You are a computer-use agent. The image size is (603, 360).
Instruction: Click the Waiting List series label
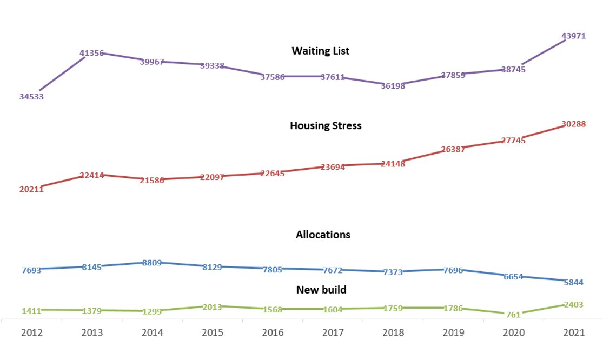click(x=321, y=51)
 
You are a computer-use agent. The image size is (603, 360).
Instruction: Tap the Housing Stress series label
click(x=326, y=125)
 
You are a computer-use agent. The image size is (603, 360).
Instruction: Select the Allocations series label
click(x=323, y=235)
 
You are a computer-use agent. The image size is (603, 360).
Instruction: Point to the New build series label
click(x=321, y=290)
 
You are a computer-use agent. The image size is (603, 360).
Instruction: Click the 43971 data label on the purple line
click(x=573, y=35)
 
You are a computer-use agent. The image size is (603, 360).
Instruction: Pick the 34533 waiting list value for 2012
click(x=31, y=97)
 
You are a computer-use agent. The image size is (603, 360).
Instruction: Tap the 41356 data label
click(x=92, y=53)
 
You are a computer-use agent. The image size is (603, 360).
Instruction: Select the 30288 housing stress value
click(x=573, y=124)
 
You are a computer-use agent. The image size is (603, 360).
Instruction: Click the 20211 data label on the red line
click(x=31, y=189)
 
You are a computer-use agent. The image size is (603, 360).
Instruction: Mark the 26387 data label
click(x=453, y=149)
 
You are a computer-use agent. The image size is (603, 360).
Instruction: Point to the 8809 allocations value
click(x=152, y=263)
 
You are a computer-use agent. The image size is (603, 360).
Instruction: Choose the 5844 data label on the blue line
click(x=573, y=282)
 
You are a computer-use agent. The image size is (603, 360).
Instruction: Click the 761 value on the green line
click(x=513, y=314)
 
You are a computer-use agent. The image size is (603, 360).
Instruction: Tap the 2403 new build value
click(x=573, y=304)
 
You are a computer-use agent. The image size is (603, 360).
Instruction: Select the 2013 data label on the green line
click(x=212, y=307)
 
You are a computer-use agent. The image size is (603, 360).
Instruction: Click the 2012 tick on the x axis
click(x=31, y=334)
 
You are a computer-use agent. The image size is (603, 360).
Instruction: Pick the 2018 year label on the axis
click(x=393, y=334)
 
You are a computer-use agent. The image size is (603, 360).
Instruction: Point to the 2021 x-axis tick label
click(x=573, y=334)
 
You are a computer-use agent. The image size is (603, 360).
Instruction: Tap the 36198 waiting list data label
click(x=393, y=85)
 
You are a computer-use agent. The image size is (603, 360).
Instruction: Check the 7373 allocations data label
click(x=393, y=272)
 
